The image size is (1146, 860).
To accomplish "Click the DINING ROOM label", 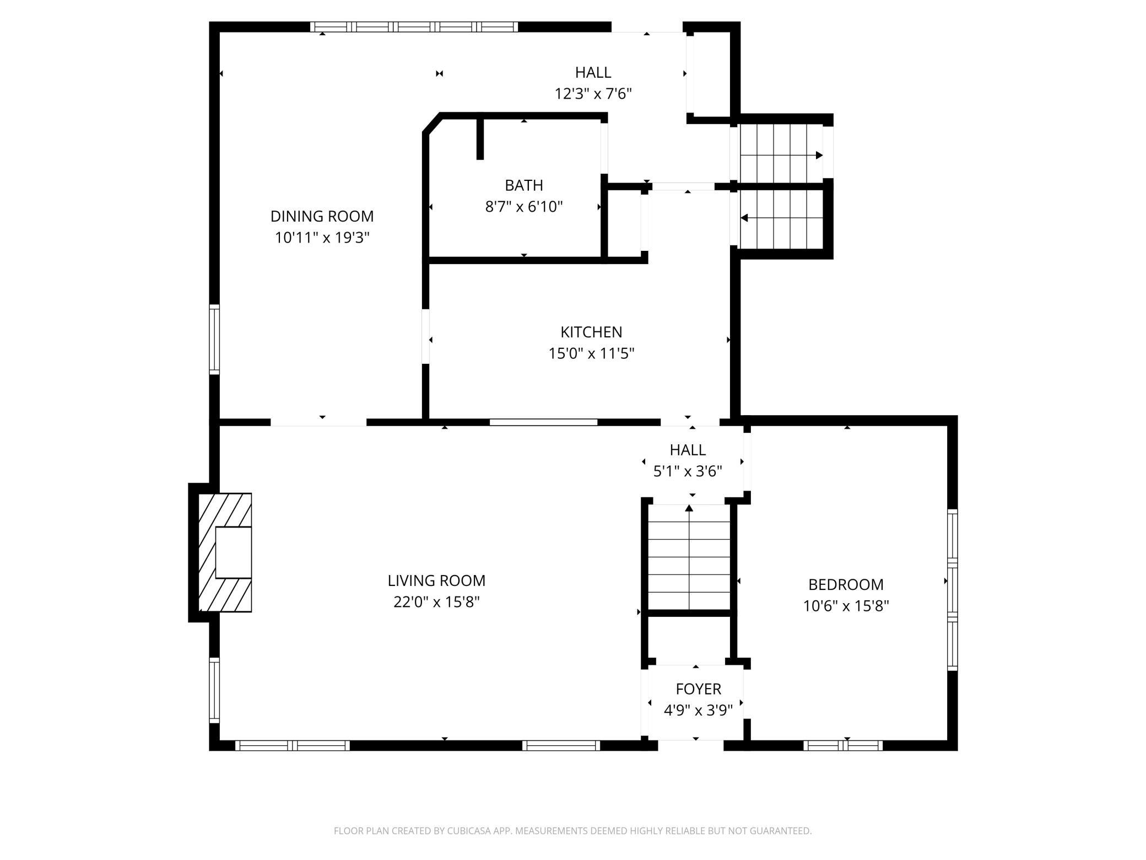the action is [322, 216].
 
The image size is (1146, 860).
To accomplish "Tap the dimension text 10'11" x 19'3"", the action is [322, 238].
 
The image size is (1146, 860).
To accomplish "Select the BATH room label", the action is [524, 185].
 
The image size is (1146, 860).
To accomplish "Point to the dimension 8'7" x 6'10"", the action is [524, 207].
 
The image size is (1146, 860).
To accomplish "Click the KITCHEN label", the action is [591, 332].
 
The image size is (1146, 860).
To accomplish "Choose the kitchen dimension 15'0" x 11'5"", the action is [591, 353].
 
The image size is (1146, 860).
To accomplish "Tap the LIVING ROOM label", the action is [436, 580].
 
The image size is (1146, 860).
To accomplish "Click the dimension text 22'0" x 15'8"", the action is [436, 602].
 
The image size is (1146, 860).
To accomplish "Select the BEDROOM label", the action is [846, 584].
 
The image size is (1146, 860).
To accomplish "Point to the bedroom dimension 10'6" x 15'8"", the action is [846, 606].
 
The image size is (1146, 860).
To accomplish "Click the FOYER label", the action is [698, 689].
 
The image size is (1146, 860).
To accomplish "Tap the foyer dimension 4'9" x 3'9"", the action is [698, 711].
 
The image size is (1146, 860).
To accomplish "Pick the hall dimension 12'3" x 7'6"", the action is [593, 94].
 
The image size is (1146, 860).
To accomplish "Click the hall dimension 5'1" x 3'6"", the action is [688, 471].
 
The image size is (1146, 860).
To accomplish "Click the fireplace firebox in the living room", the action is [233, 552].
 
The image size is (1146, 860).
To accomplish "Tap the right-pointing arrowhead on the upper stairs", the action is [819, 155].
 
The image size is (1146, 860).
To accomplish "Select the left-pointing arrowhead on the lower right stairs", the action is [744, 218].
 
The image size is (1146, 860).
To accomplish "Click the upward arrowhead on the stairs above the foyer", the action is [689, 508].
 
